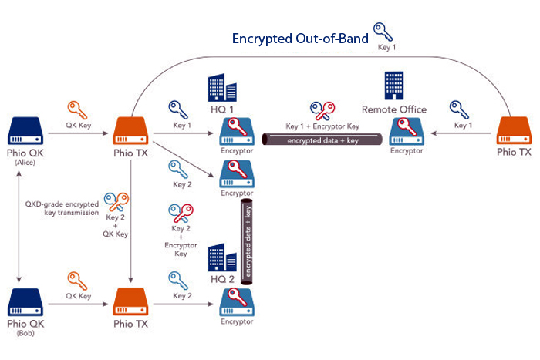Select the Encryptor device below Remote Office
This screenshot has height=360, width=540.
[406, 133]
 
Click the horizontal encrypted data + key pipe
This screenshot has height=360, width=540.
[323, 140]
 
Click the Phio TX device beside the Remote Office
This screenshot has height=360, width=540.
[514, 133]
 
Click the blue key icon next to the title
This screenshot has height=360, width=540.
[383, 32]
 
